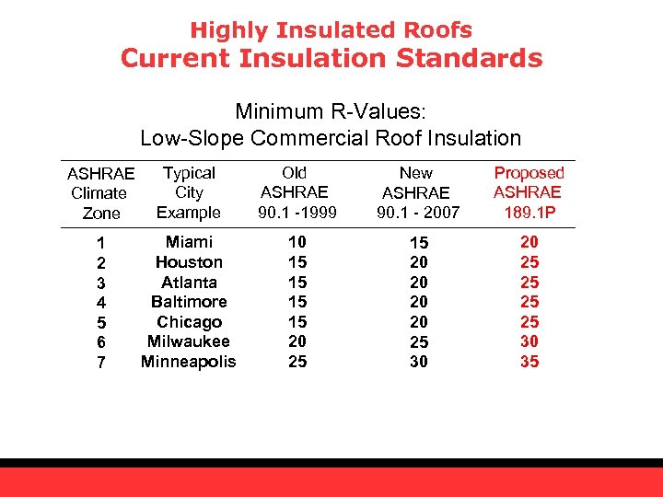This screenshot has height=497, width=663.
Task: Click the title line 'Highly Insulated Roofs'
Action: [x=331, y=30]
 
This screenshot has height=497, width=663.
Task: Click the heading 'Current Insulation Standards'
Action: [x=331, y=59]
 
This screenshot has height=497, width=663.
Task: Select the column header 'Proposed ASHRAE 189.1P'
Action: [x=529, y=192]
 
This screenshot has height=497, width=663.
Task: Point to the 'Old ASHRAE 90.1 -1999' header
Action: [x=295, y=192]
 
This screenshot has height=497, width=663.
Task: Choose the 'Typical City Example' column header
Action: [x=189, y=192]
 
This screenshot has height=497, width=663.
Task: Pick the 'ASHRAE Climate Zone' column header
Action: [x=100, y=193]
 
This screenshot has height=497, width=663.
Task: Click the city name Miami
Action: [x=189, y=242]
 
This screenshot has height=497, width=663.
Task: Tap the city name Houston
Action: [x=189, y=262]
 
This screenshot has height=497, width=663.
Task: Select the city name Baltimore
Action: [x=189, y=302]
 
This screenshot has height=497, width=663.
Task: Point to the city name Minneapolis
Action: [x=189, y=362]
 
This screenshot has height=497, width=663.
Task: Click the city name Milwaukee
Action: [x=189, y=341]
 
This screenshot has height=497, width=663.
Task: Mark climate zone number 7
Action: [x=101, y=363]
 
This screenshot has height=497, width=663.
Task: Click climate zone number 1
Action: [x=101, y=244]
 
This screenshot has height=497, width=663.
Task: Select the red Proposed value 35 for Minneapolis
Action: [x=529, y=362]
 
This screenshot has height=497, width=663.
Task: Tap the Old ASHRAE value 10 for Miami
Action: [x=295, y=242]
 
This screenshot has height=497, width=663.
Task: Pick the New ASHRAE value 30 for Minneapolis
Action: [x=418, y=363]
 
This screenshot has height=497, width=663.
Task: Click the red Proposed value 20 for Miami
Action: [x=529, y=242]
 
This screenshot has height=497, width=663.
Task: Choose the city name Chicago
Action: [x=189, y=322]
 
